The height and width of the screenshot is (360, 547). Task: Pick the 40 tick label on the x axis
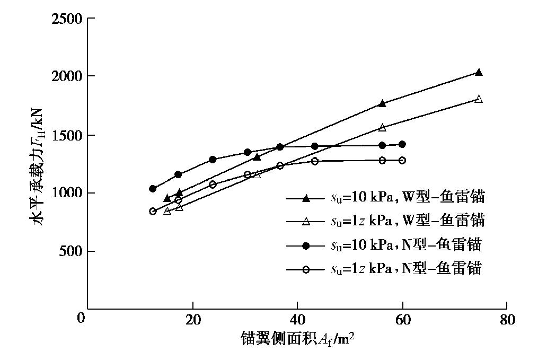tap(297, 320)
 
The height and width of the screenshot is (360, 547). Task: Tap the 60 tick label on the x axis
tap(402, 320)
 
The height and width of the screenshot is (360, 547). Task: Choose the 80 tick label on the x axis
tap(507, 320)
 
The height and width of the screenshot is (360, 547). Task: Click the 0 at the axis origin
tap(81, 319)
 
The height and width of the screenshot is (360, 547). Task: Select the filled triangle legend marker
tap(305, 198)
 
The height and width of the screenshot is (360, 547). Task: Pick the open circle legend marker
tap(305, 269)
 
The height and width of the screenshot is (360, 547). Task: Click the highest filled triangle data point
tap(479, 72)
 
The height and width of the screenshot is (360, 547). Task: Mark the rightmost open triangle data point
tap(479, 99)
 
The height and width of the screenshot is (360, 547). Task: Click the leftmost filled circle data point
tap(153, 189)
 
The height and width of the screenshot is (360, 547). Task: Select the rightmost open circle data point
tap(402, 160)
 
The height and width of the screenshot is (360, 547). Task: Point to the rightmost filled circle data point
tap(402, 144)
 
